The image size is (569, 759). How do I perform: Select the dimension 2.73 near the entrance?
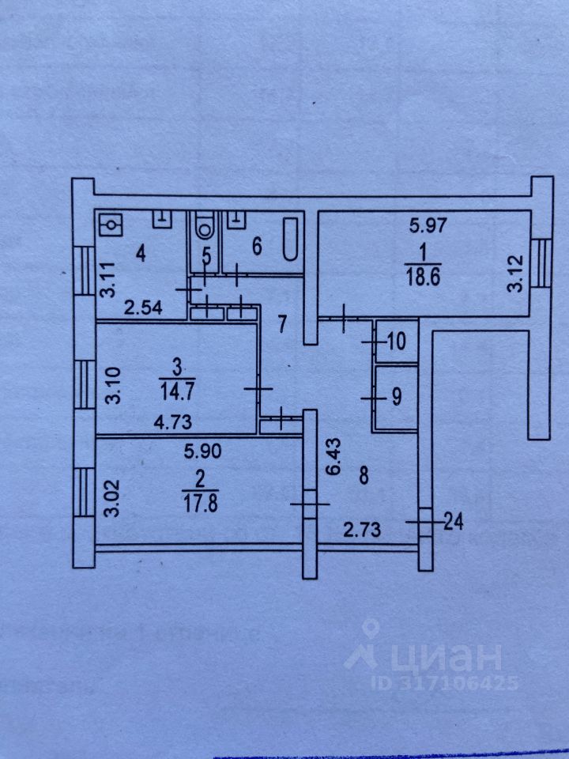360,529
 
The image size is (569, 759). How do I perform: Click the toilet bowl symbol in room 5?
205,228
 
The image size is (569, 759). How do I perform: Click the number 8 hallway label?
363,477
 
